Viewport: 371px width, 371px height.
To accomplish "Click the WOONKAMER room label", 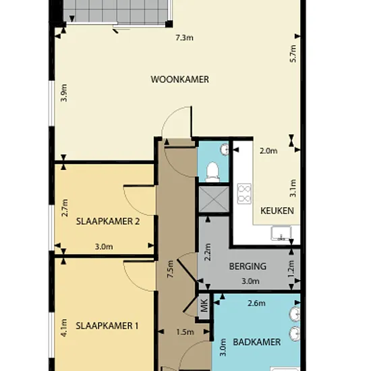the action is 180,80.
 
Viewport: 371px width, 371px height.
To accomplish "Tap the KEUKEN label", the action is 277,210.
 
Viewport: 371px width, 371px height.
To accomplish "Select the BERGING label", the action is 248,266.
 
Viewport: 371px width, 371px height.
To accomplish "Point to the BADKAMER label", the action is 257,342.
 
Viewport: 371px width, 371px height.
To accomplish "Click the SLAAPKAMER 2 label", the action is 108,221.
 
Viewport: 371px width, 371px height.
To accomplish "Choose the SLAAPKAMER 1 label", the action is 107,326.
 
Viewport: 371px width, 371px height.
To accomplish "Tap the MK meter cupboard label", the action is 204,305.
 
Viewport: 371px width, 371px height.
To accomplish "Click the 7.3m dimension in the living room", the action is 184,38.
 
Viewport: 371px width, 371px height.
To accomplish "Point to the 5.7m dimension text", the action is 293,53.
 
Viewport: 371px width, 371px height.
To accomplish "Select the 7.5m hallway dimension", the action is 171,269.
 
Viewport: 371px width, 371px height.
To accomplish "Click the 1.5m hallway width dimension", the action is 185,332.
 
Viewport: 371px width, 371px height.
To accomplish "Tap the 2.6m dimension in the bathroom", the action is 256,303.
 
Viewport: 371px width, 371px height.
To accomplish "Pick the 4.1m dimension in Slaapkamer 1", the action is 64,328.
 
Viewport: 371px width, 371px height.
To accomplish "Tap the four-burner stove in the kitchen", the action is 244,194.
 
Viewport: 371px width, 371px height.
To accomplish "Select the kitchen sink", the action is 281,233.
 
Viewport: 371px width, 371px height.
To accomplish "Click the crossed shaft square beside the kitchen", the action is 214,199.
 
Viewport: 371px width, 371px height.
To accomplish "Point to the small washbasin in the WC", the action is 225,150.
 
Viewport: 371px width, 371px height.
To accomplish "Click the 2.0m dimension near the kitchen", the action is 268,150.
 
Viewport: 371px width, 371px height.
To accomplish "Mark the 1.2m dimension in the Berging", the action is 291,268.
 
